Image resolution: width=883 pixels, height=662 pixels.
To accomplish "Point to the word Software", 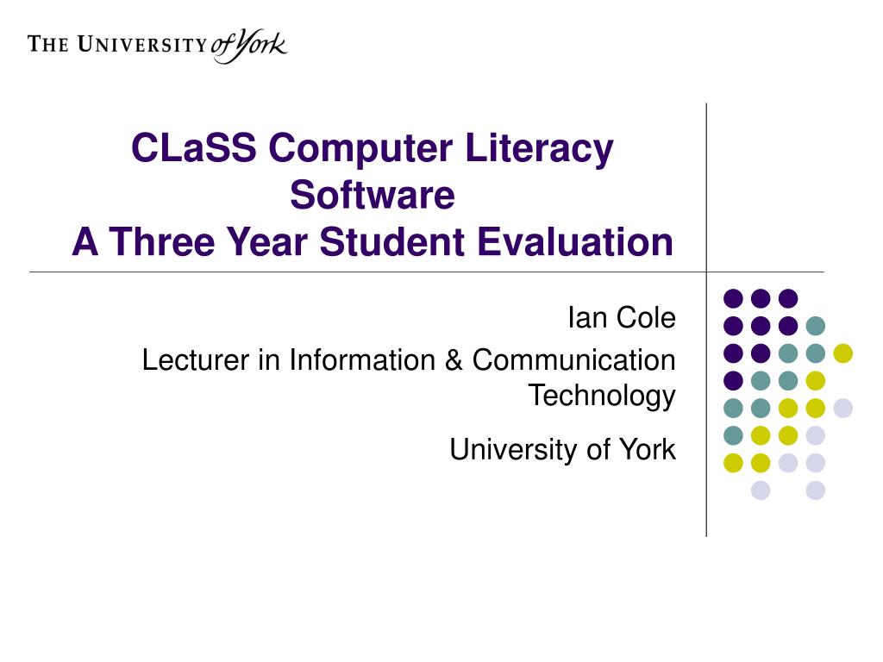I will pyautogui.click(x=372, y=195).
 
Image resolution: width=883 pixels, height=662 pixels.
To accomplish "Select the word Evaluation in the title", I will pyautogui.click(x=575, y=242).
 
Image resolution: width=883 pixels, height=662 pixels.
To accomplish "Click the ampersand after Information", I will pyautogui.click(x=454, y=359).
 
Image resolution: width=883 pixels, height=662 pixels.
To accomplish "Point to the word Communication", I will pyautogui.click(x=573, y=359).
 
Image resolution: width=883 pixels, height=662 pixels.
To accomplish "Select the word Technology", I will pyautogui.click(x=601, y=396).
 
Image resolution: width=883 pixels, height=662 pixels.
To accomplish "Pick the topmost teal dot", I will pyautogui.click(x=815, y=326).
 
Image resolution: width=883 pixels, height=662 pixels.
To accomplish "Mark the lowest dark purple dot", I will pyautogui.click(x=733, y=380).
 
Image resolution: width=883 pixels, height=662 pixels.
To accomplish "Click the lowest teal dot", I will pyautogui.click(x=733, y=434).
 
